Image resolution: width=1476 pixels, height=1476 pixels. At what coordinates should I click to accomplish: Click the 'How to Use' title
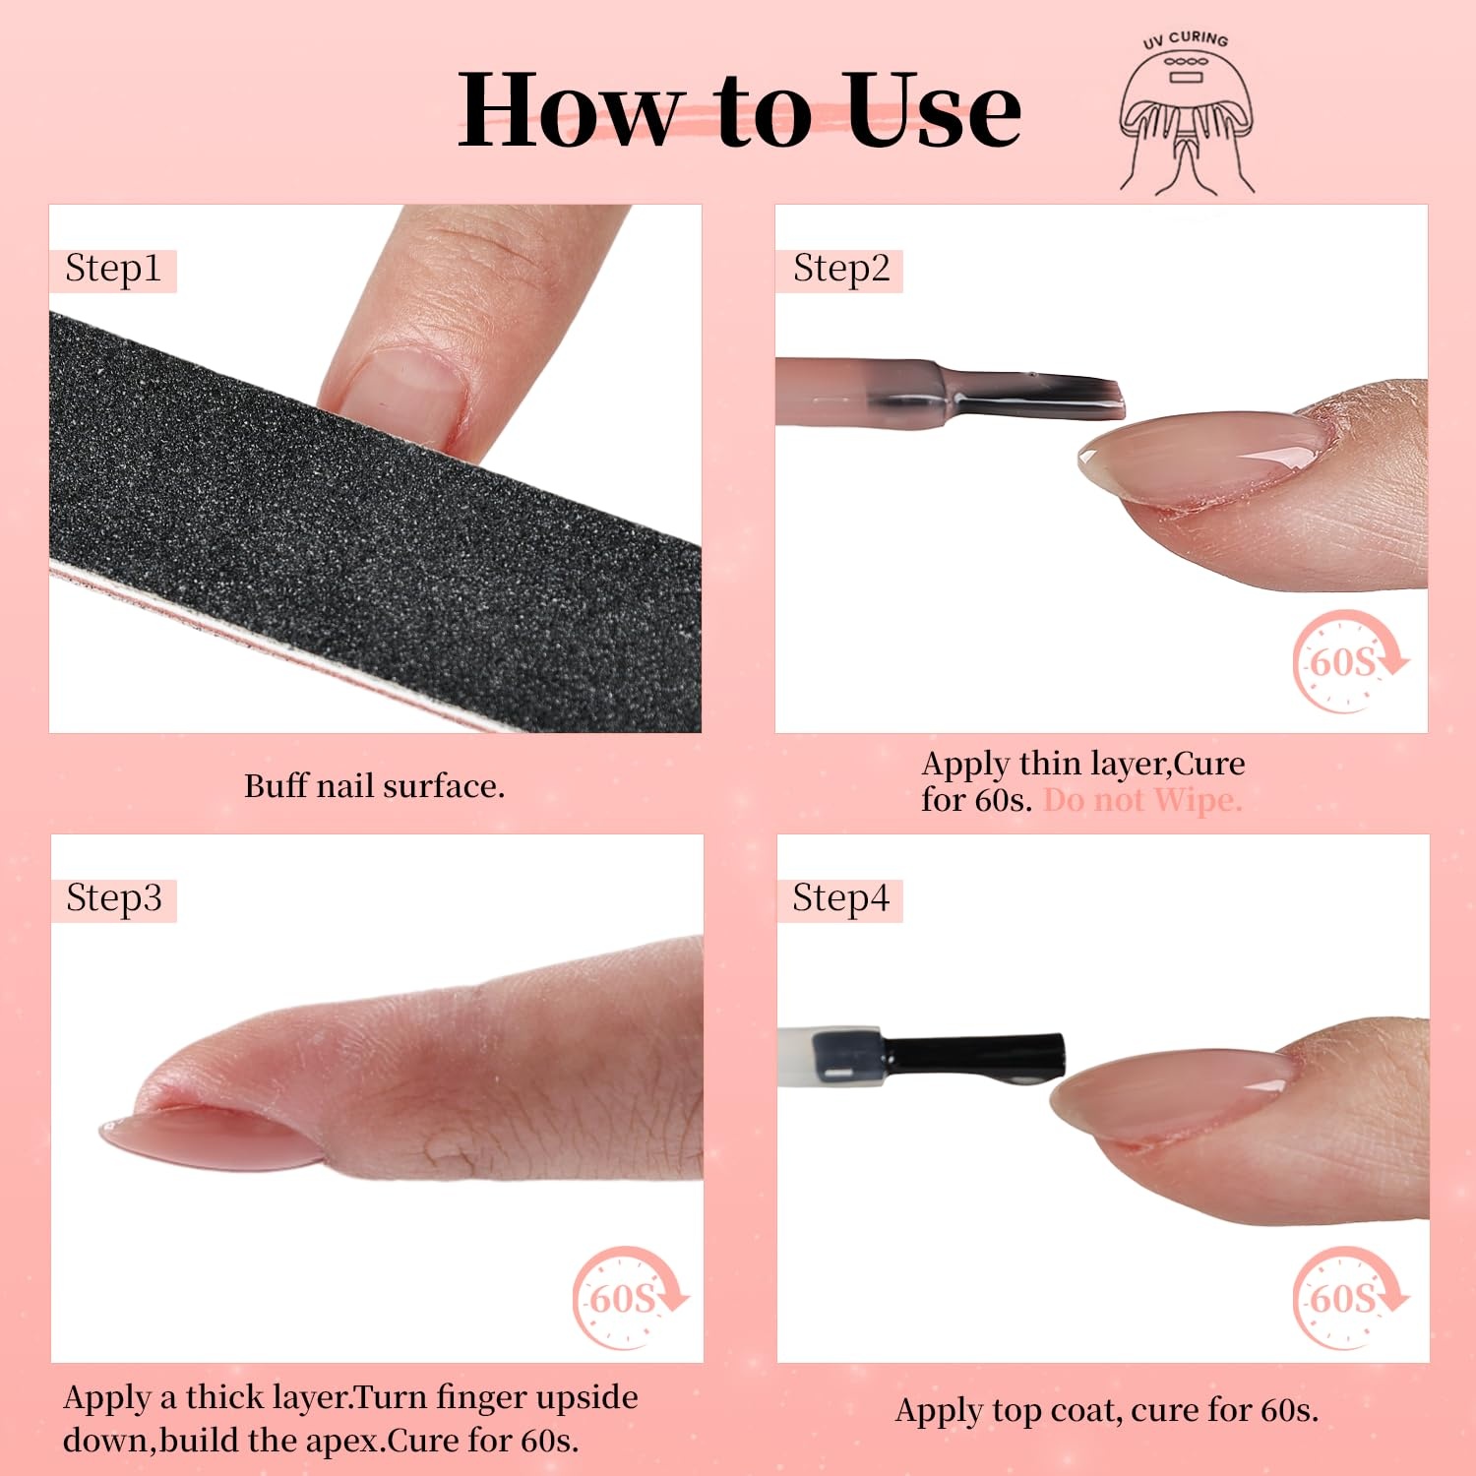tap(739, 110)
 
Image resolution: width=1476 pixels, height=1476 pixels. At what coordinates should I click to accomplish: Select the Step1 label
tap(112, 269)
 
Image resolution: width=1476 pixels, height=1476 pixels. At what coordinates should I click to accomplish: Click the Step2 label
tap(841, 269)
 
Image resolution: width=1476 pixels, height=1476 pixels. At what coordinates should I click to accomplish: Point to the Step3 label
tap(114, 898)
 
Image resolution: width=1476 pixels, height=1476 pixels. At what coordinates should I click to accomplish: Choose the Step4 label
tap(841, 898)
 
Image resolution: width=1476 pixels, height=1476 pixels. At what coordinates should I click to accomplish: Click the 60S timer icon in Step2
tap(1350, 660)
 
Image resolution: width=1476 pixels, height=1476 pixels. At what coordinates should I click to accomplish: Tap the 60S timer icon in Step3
tap(631, 1298)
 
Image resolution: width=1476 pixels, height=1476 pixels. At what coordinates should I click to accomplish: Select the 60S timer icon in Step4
tap(1350, 1298)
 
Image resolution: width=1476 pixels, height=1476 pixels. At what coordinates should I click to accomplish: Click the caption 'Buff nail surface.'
tap(374, 786)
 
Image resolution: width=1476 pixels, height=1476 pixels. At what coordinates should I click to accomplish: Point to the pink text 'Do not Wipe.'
tap(1142, 800)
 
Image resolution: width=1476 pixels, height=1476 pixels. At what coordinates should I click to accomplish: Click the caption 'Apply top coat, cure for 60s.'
tap(1107, 1410)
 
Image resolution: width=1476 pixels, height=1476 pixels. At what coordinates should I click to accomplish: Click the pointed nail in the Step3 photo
tap(212, 1138)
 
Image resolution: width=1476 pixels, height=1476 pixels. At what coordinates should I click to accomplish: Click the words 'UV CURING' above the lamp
tap(1186, 39)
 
